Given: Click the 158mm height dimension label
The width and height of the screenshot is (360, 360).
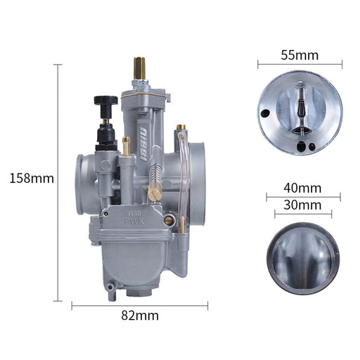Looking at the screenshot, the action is (32, 179).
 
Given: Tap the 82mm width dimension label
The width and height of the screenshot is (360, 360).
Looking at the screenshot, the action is (140, 316).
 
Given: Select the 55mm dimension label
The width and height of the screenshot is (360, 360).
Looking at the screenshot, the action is (300, 56).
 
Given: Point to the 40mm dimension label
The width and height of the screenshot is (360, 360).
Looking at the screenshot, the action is (302, 188).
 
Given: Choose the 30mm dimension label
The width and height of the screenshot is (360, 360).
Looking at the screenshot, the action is (302, 205).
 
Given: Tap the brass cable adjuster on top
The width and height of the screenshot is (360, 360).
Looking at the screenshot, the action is (139, 68).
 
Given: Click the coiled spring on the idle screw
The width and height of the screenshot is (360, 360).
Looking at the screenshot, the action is (155, 173).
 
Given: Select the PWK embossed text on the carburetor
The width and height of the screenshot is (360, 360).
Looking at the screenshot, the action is (134, 221).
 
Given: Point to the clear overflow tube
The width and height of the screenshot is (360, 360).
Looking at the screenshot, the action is (182, 178).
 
